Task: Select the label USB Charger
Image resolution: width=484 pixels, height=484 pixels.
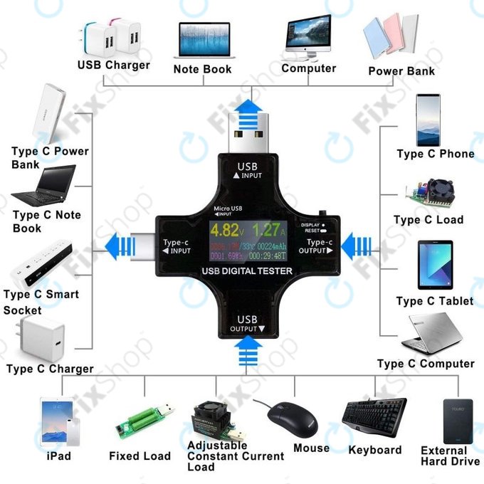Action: (114, 65)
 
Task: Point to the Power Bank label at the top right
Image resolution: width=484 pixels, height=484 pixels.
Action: (401, 71)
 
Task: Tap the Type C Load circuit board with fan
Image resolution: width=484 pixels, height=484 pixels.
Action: (429, 190)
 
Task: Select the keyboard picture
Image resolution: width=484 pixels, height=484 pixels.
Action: (374, 420)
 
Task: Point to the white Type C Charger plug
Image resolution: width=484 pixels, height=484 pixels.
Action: (41, 340)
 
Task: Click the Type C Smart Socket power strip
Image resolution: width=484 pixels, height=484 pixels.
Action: (43, 263)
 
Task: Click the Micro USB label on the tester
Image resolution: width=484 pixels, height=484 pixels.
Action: (229, 209)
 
